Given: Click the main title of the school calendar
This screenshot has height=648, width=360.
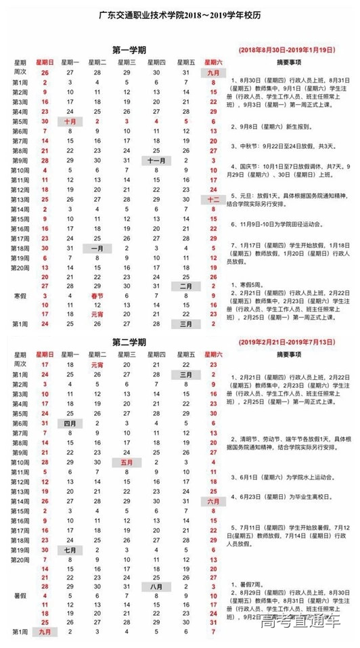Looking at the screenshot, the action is tap(179, 12).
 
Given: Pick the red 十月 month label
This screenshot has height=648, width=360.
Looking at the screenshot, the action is tap(70, 121).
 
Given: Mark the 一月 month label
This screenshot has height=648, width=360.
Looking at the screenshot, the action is tap(96, 249).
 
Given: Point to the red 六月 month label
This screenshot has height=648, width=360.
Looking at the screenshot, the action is tap(213, 501).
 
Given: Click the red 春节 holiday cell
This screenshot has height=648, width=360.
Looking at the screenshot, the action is tap(96, 296).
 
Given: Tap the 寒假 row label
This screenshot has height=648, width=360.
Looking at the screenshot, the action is tap(20, 296).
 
